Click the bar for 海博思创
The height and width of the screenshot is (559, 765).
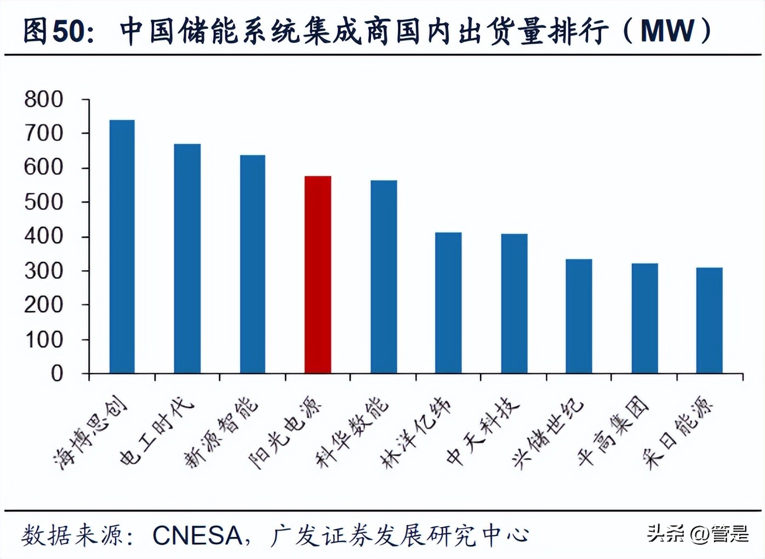coord(122,247)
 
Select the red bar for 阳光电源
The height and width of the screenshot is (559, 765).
coord(318,275)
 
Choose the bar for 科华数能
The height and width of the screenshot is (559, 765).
coord(384,277)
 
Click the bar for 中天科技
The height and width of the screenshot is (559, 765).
coord(514,304)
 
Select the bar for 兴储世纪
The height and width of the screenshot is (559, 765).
coord(579,316)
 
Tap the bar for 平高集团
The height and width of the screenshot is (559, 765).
coord(644,318)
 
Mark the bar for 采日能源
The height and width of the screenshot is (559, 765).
coord(709,321)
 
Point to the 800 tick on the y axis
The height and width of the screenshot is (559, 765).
coord(44,100)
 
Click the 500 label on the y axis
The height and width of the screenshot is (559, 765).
coord(44,202)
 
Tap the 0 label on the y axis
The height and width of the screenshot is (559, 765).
coord(57,374)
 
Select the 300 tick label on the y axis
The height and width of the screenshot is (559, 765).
coord(44,271)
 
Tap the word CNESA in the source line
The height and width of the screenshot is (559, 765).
coord(197,535)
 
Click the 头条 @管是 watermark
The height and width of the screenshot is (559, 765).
coord(698,533)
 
